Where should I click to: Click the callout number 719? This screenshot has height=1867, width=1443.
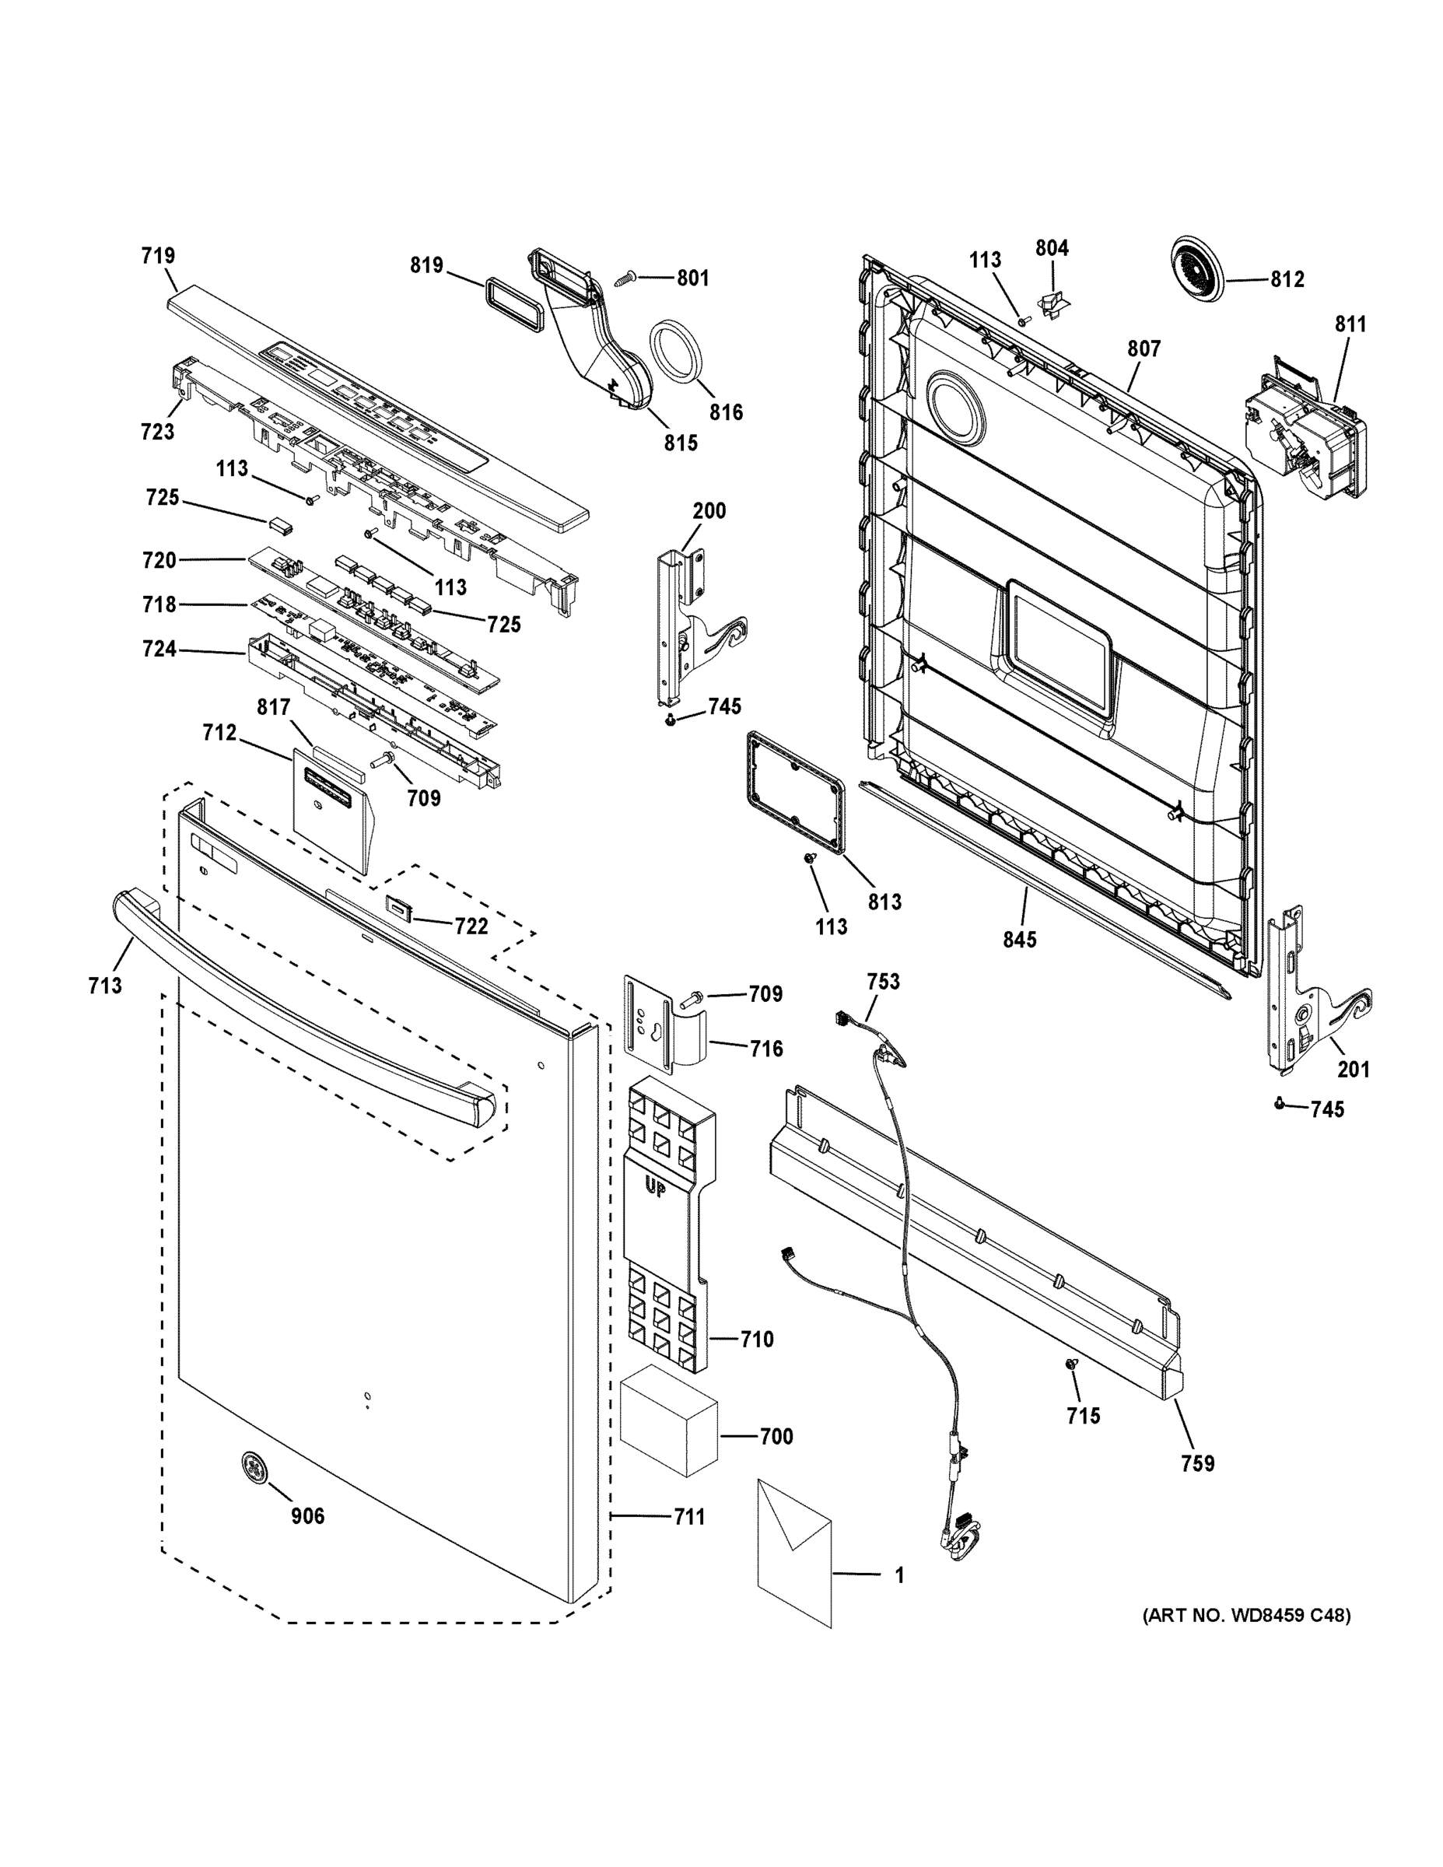(158, 256)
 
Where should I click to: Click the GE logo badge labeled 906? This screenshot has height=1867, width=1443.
(254, 1466)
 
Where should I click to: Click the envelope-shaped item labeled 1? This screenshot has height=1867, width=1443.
(793, 1553)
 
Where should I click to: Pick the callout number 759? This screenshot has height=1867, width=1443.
(1197, 1462)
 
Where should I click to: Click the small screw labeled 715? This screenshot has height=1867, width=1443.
(1070, 1365)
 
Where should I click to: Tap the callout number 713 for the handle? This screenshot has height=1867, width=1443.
(104, 986)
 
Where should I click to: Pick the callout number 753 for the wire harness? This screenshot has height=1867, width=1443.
(882, 982)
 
